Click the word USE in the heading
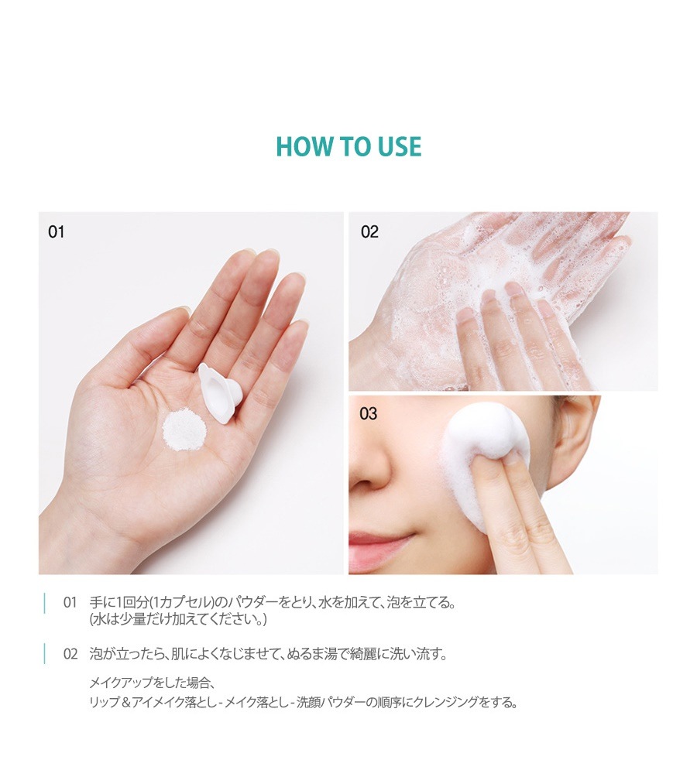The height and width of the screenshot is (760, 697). point(400,146)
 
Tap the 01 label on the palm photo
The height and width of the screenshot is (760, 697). point(57,232)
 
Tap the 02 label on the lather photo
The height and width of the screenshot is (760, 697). point(369,231)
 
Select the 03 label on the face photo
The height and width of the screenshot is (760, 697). point(368,413)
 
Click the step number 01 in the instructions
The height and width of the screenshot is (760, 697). point(70,603)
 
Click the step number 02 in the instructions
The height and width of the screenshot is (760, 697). point(70,654)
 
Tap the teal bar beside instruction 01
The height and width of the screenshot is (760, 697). point(45,603)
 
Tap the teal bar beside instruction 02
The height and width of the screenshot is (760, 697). point(45,654)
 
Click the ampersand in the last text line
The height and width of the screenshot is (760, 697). point(125,702)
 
